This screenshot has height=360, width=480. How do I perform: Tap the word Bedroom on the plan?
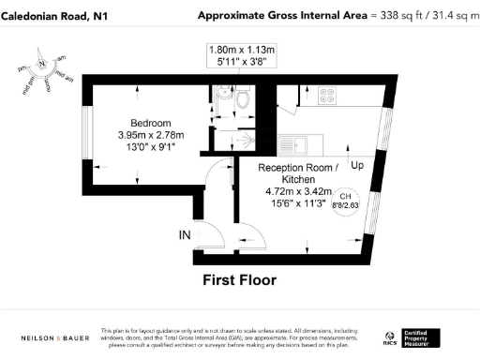(x=150, y=123)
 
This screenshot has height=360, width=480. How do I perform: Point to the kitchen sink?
(x=302, y=145)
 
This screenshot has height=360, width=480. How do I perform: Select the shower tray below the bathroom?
(x=229, y=138)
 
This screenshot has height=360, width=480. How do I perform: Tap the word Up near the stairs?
(x=357, y=165)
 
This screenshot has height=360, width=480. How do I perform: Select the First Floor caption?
(x=241, y=279)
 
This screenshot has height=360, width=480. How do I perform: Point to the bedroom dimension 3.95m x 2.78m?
(x=150, y=134)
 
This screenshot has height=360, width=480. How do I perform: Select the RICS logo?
(x=390, y=337)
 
